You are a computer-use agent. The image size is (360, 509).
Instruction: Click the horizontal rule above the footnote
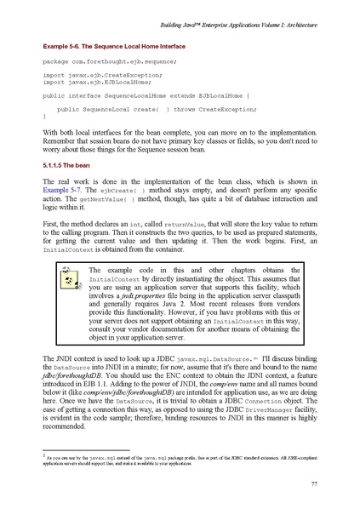tap(85, 446)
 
